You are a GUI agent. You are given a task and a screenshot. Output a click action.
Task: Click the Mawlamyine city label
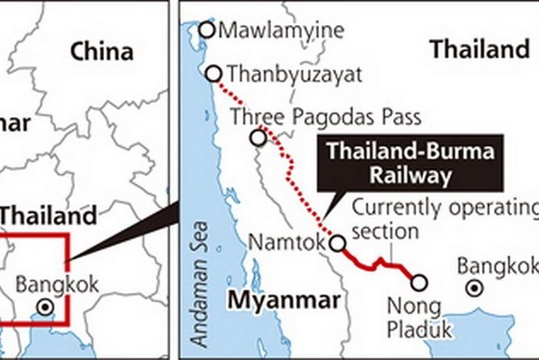[282, 31]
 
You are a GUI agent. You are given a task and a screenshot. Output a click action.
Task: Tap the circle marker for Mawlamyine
[207, 30]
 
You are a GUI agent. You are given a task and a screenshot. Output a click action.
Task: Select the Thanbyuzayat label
[295, 74]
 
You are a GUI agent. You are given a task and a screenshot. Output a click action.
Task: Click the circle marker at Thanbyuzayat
[214, 74]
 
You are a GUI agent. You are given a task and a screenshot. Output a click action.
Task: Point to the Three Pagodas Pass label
[326, 117]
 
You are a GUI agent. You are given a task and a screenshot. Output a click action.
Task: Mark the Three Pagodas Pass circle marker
[258, 137]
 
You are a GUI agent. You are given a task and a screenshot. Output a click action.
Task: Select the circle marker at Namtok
[338, 241]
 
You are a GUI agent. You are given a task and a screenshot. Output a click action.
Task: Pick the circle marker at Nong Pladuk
[419, 282]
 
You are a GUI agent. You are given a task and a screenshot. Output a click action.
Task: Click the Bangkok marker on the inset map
[46, 307]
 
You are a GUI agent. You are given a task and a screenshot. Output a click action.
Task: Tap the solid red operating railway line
[379, 264]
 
